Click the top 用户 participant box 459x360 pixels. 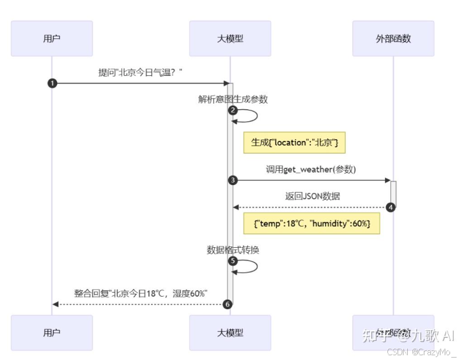(52, 39)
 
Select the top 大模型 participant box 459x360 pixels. (230, 39)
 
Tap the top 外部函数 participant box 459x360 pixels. (393, 39)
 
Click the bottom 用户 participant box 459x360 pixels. (52, 333)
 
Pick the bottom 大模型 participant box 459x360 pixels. (230, 333)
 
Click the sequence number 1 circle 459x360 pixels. (52, 83)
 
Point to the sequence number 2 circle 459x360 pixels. (233, 110)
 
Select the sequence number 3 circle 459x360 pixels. (233, 180)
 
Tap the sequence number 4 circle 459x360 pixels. (390, 207)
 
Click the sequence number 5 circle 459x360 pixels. (233, 261)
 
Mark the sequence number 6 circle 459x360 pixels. (227, 304)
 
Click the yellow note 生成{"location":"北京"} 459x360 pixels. (294, 143)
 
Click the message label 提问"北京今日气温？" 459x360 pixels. (140, 72)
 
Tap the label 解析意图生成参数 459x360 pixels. (233, 99)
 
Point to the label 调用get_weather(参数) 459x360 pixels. (311, 169)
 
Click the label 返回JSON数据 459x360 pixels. (311, 196)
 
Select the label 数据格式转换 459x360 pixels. (233, 250)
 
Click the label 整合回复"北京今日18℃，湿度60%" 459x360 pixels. (141, 293)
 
